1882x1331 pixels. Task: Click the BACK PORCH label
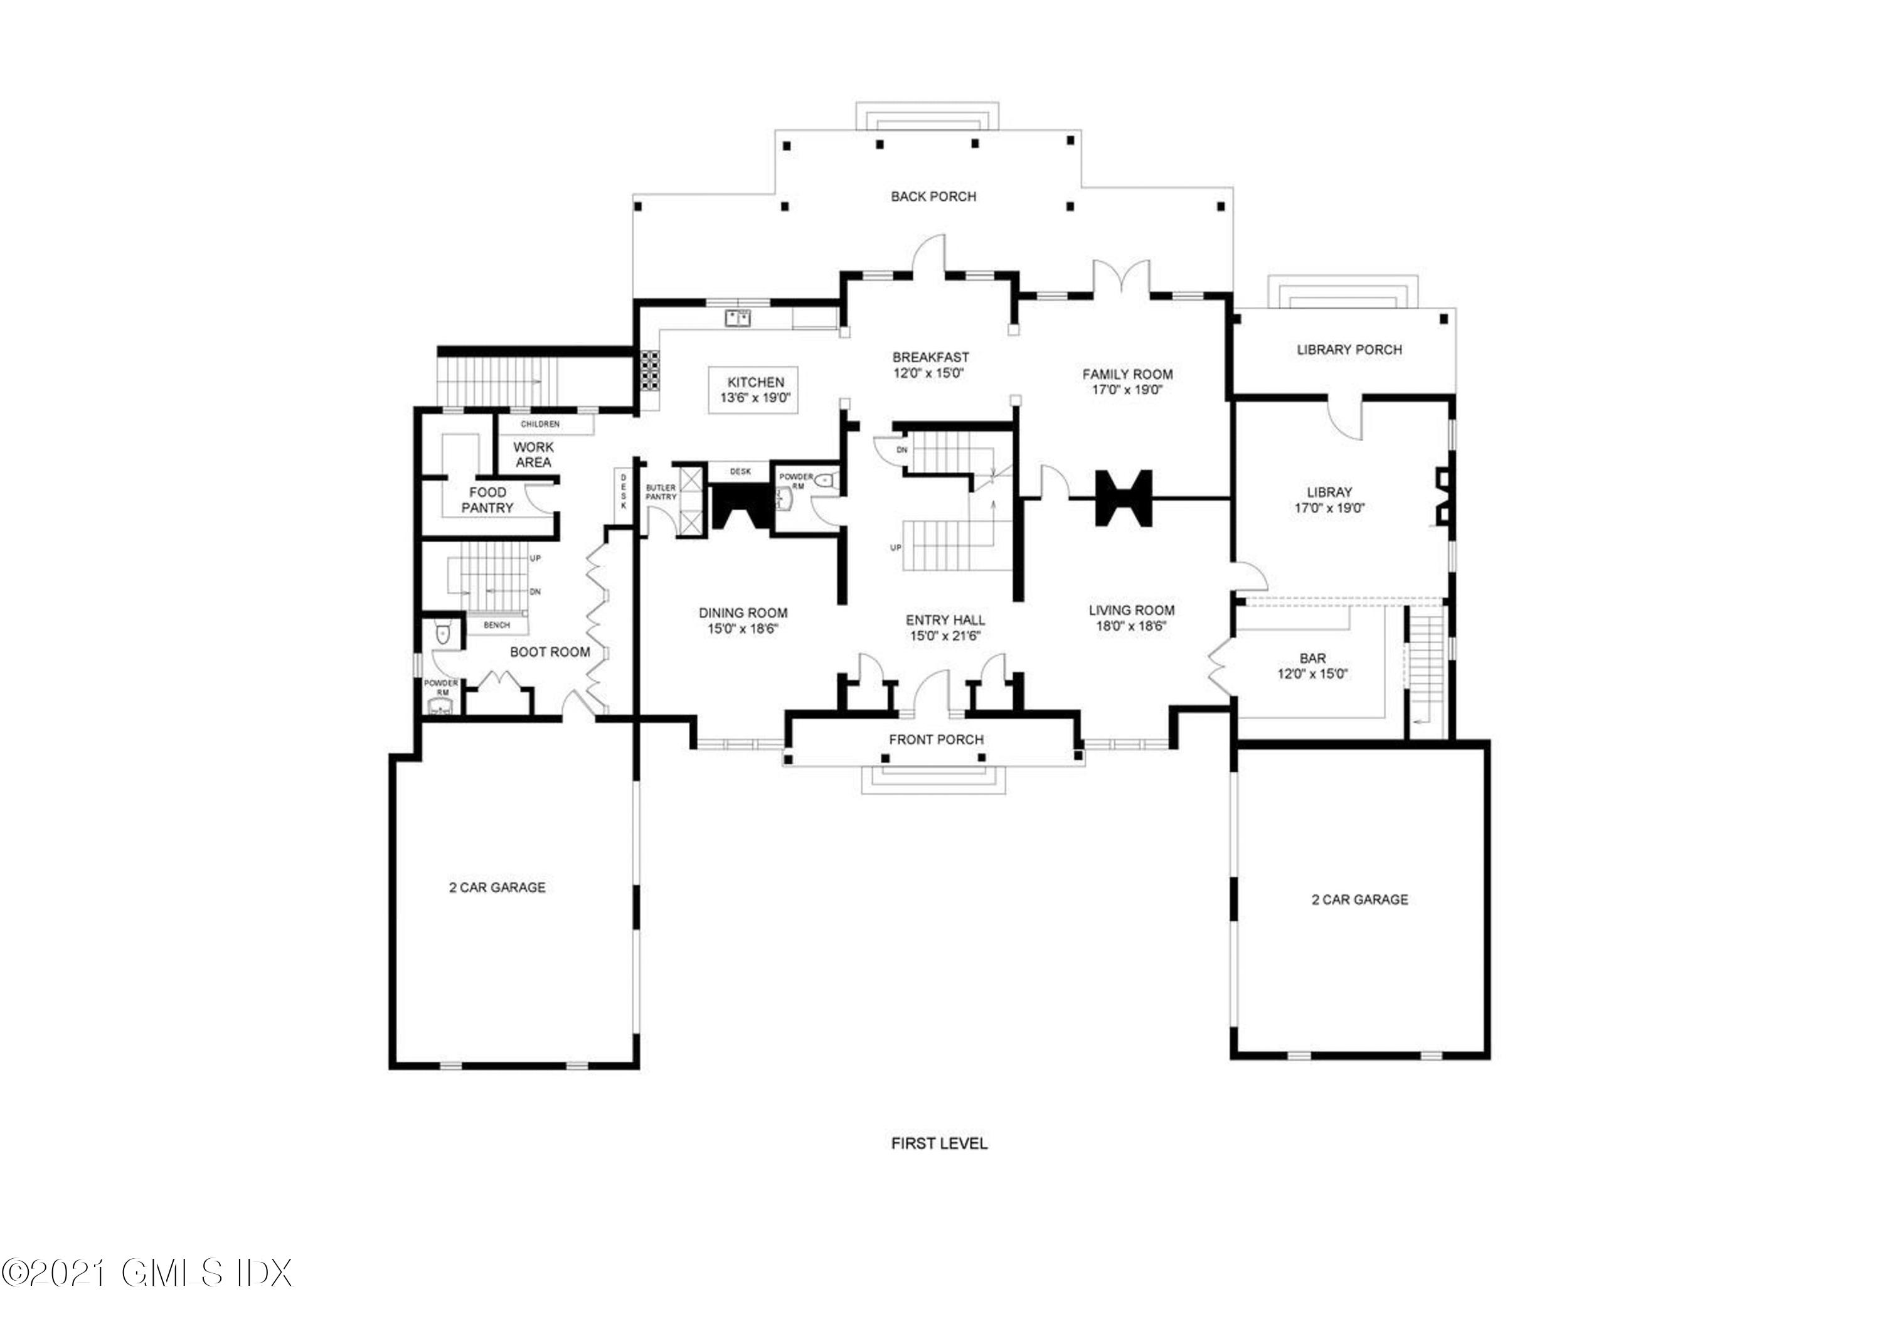pyautogui.click(x=933, y=197)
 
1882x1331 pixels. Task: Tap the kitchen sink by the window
pyautogui.click(x=738, y=318)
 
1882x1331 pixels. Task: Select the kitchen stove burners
pyautogui.click(x=649, y=369)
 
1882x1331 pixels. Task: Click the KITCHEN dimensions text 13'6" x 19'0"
pyautogui.click(x=755, y=398)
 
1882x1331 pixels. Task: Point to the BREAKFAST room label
pyautogui.click(x=930, y=358)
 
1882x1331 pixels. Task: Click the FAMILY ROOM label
pyautogui.click(x=1127, y=375)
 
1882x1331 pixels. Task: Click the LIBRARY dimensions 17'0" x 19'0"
pyautogui.click(x=1329, y=508)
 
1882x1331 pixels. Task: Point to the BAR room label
pyautogui.click(x=1312, y=658)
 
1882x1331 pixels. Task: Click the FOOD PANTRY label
pyautogui.click(x=487, y=500)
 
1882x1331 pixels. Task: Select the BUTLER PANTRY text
pyautogui.click(x=661, y=492)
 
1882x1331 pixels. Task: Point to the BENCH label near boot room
pyautogui.click(x=496, y=626)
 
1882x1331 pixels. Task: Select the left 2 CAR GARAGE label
pyautogui.click(x=497, y=887)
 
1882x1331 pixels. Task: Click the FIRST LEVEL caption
pyautogui.click(x=939, y=1143)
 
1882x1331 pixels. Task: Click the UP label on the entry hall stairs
pyautogui.click(x=896, y=548)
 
